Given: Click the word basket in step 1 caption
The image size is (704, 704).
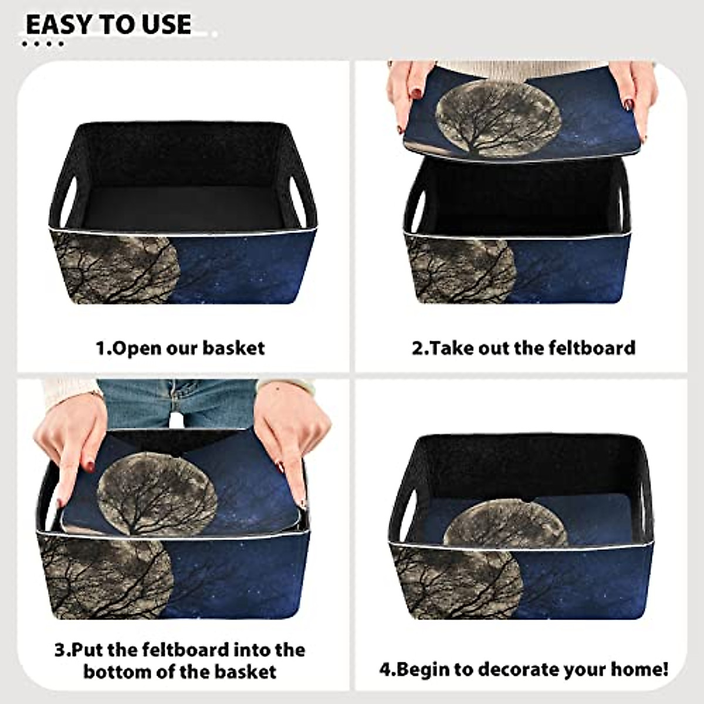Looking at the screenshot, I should (x=233, y=348).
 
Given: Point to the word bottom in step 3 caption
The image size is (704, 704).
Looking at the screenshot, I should (x=120, y=671).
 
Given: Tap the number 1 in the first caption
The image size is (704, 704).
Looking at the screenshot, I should (x=100, y=348).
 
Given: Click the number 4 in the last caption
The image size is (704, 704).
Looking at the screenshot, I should (x=384, y=669).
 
